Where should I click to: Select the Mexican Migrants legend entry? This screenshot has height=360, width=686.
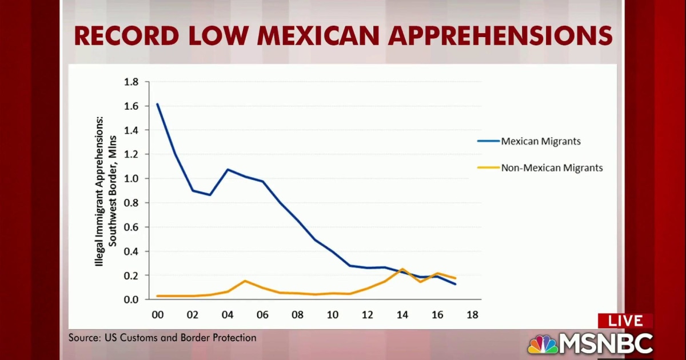(541, 141)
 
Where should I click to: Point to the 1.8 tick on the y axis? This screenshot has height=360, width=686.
(131, 82)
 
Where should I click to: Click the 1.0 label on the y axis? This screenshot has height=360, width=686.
(131, 179)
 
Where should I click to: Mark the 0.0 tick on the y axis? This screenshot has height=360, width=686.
(131, 299)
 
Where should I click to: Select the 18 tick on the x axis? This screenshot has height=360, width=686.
(472, 315)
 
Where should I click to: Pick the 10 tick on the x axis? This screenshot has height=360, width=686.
(332, 315)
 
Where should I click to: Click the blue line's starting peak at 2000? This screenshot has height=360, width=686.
(157, 104)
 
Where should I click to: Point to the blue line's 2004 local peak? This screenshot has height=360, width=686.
(228, 170)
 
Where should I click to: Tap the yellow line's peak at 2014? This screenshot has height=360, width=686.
(402, 269)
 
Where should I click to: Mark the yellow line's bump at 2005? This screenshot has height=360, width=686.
(245, 281)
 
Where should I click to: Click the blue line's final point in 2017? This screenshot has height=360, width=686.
(456, 284)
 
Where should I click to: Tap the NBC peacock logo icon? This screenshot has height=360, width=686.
(543, 344)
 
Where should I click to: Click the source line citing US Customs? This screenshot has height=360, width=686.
(162, 338)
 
